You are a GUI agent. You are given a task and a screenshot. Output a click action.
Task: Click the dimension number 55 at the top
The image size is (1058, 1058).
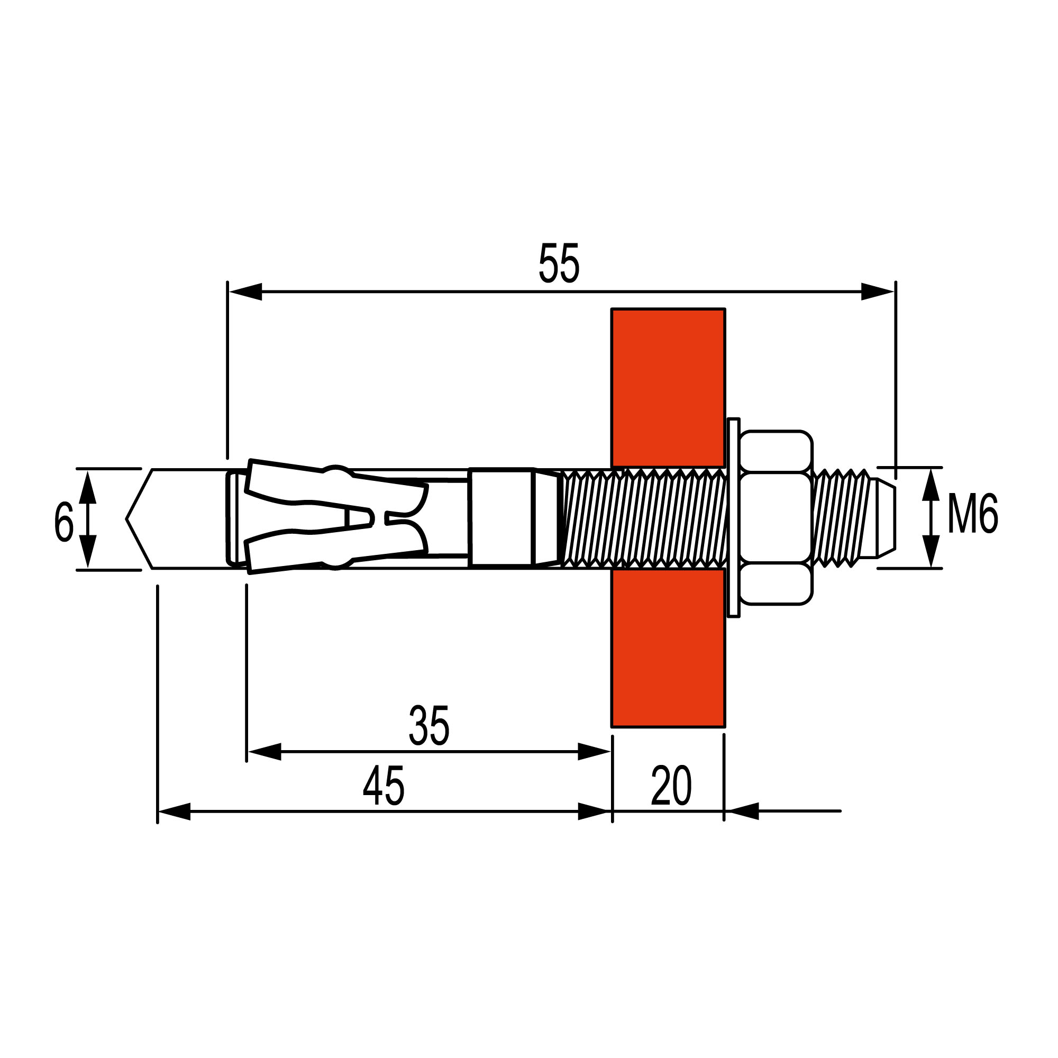pos(559,264)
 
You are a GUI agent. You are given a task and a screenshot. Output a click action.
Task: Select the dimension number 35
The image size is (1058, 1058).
pos(429,726)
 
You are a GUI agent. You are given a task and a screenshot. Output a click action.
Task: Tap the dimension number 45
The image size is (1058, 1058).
pos(384,787)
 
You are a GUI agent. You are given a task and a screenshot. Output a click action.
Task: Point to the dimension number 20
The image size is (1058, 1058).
pos(671,787)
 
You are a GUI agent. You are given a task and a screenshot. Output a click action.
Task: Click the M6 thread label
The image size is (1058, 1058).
pos(973,514)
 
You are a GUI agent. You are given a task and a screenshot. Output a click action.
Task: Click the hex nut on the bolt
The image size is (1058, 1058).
pos(775,517)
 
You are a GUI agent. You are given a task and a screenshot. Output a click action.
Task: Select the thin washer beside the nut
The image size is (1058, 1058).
pos(733,517)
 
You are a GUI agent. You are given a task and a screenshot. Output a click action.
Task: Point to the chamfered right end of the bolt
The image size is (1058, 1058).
pos(886,518)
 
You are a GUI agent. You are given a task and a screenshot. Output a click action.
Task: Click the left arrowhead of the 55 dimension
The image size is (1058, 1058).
pos(245,292)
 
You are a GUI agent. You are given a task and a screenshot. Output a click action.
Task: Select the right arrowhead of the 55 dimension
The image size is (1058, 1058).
pos(877,292)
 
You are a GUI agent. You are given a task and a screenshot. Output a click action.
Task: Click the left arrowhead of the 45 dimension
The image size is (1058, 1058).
pos(175,811)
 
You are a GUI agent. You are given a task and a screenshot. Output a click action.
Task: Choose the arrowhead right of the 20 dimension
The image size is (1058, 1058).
pos(743,811)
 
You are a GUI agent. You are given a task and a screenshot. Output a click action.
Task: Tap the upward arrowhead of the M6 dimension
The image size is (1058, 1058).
pos(931,485)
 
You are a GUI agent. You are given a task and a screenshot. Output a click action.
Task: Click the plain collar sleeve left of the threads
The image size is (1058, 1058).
pos(500,517)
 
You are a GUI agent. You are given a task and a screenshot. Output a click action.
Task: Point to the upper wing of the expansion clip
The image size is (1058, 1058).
pos(290,482)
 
